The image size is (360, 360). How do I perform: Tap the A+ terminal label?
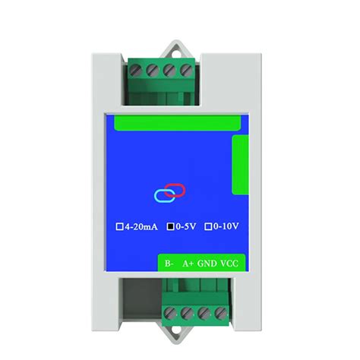click(187, 264)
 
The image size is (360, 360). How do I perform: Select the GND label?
click(207, 264)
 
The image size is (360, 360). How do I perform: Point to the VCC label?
click(231, 264)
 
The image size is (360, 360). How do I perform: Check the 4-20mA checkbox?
click(119, 226)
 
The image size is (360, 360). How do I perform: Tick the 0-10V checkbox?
click(208, 226)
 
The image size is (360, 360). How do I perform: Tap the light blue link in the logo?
click(163, 195)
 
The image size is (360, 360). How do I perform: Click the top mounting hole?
click(179, 54)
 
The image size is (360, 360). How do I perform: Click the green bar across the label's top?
click(180, 122)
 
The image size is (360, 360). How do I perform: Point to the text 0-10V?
click(226, 226)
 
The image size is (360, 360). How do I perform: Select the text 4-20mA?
click(141, 226)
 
